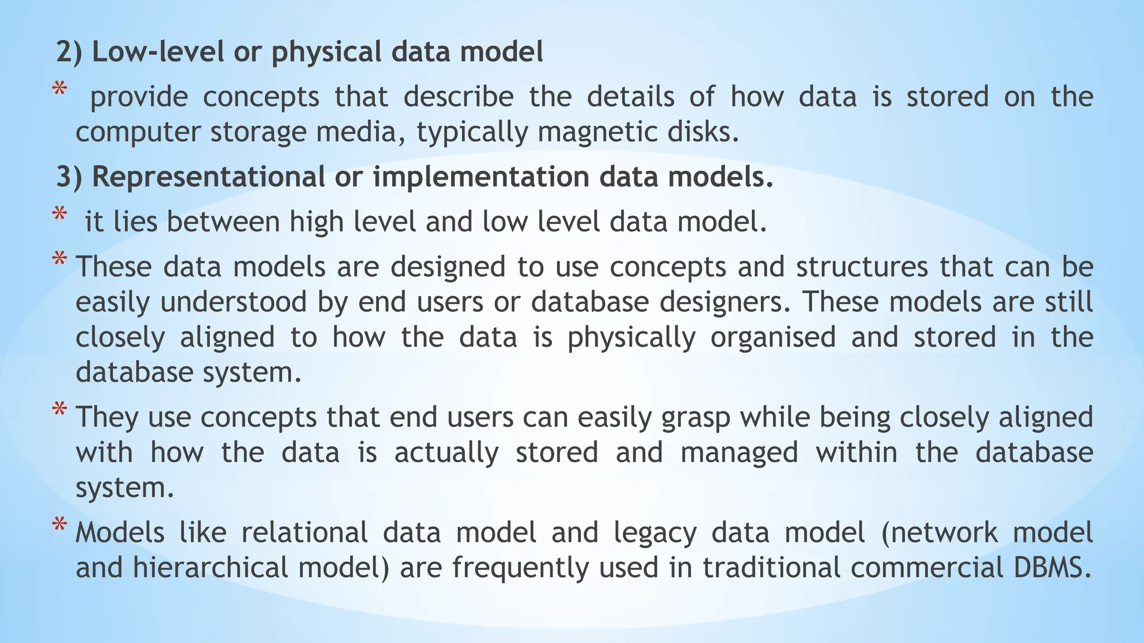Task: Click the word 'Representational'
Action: (208, 177)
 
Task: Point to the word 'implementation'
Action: (481, 177)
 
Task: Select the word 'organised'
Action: (773, 338)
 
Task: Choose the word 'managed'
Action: (740, 453)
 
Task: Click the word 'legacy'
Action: (655, 533)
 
